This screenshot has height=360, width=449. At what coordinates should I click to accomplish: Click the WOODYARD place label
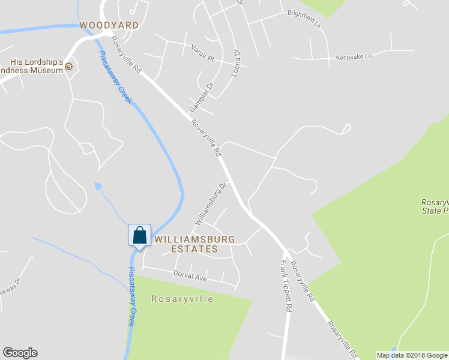[109, 25]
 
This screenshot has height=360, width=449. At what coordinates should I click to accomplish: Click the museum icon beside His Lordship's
[69, 66]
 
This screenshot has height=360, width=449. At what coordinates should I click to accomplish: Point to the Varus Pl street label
[202, 52]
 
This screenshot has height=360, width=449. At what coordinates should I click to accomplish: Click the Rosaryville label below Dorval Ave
[182, 299]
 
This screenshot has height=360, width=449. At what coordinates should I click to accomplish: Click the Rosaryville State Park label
[434, 207]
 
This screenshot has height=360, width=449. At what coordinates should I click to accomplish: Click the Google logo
[20, 353]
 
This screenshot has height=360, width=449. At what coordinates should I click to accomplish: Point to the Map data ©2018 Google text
[412, 355]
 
